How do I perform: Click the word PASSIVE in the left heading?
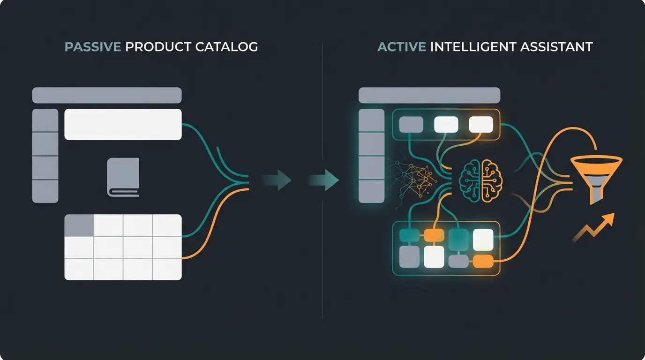(x=93, y=47)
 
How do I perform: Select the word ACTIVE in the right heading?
(x=401, y=47)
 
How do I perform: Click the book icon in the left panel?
(x=123, y=177)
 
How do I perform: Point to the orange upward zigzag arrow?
(x=593, y=228)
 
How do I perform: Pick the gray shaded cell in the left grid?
(x=79, y=225)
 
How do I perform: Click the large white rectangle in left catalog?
(x=123, y=124)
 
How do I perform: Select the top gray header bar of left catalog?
(x=106, y=95)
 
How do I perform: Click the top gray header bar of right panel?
(x=428, y=95)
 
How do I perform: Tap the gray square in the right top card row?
(x=411, y=125)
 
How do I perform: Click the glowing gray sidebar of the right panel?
(x=371, y=156)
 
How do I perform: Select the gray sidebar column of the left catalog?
(x=45, y=156)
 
